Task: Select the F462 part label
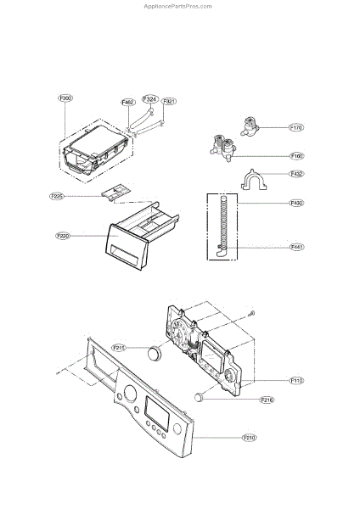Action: pos(128,103)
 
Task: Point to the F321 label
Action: pos(169,102)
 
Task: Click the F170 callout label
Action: pos(296,128)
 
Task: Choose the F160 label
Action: pos(297,156)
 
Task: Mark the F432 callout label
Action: pos(297,174)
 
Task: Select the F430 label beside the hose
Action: pos(297,204)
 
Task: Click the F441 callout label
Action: pos(297,247)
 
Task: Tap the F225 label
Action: pos(57,197)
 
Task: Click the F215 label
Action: pos(119,348)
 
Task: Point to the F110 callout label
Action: pos(296,381)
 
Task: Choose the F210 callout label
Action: pos(250,438)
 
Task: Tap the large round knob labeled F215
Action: pos(154,354)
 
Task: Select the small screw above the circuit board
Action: pos(252,314)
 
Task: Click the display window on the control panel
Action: pos(159,413)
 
